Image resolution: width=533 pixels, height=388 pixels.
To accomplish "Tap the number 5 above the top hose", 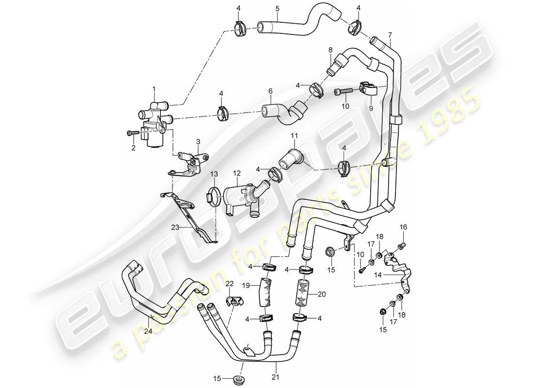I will tap(277, 8).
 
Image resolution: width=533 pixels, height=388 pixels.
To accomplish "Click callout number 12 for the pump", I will tap(236, 173).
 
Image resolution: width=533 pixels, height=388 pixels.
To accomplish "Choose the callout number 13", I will tap(213, 173).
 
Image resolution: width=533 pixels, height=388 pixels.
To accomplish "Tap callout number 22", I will tap(229, 283).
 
